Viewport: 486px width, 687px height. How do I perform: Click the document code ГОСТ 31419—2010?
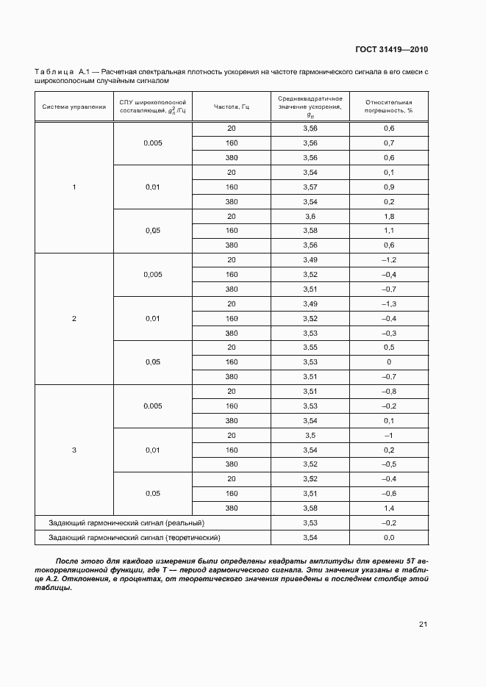click(391, 50)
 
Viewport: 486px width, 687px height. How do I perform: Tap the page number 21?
click(423, 625)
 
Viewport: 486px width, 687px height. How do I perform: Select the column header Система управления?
click(74, 107)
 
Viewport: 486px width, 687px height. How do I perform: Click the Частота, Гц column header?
click(232, 107)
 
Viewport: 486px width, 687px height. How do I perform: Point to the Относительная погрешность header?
click(389, 107)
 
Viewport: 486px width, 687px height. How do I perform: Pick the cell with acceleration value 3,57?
click(310, 187)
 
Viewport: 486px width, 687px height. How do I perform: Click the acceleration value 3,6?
click(310, 217)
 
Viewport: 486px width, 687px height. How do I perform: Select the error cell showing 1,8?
click(389, 217)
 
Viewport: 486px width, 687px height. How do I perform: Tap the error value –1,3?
click(389, 304)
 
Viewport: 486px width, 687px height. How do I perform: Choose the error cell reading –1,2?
click(389, 260)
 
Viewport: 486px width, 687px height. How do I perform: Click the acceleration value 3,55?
click(310, 348)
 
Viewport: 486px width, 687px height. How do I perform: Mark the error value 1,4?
click(389, 508)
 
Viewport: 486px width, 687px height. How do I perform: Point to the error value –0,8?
click(389, 392)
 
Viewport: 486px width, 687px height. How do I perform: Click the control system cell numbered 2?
click(74, 319)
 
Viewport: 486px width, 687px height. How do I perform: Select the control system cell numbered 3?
click(74, 450)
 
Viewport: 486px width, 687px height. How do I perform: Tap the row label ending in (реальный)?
click(126, 523)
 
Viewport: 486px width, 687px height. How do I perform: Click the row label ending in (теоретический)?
click(135, 538)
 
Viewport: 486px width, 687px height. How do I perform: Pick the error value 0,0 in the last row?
click(389, 538)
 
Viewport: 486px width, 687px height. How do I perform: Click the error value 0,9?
click(389, 187)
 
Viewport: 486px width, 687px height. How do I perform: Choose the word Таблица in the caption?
click(54, 72)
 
